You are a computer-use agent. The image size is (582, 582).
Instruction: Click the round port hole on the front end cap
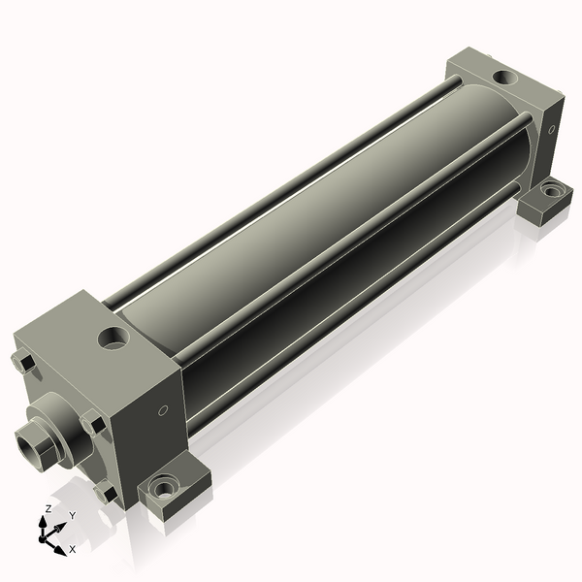(113, 338)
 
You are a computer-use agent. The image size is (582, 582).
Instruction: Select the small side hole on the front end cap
(163, 410)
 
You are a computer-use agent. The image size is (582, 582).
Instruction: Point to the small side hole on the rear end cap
(552, 129)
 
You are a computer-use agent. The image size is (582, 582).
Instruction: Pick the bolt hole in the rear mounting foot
(552, 191)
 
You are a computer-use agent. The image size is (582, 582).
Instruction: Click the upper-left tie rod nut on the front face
(23, 363)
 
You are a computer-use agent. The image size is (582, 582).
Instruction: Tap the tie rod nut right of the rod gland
(93, 423)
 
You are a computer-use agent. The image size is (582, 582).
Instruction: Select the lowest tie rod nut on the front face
(105, 492)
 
